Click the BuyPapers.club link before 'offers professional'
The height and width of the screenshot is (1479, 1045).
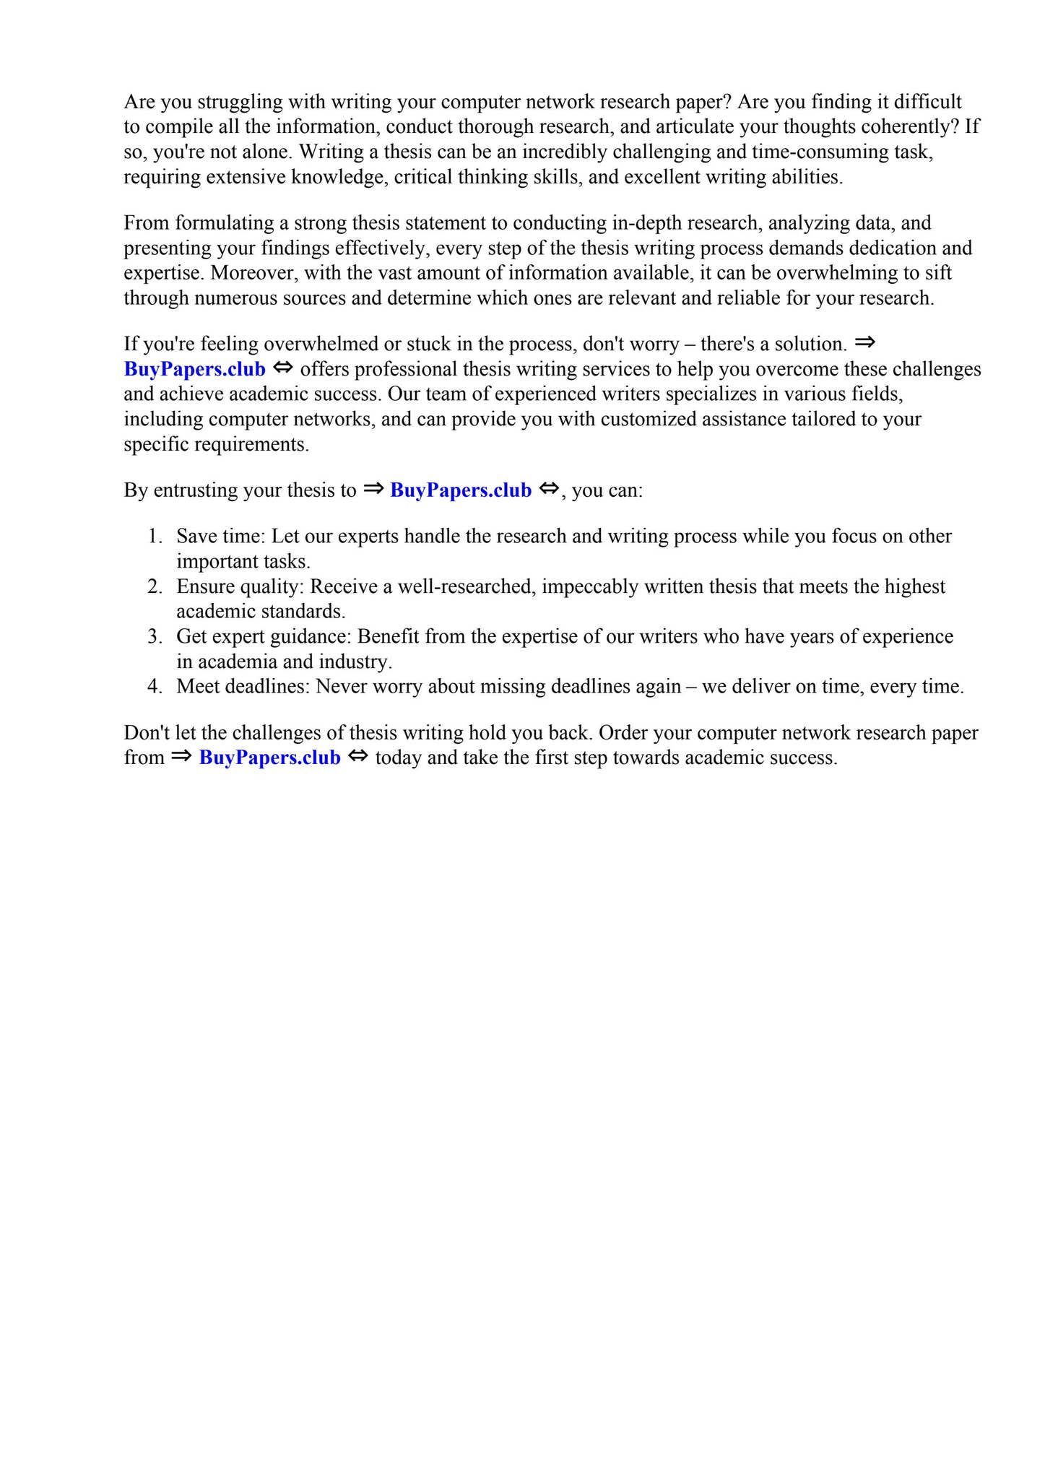(x=195, y=369)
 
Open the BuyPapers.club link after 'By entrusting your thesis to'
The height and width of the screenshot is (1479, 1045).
(x=461, y=490)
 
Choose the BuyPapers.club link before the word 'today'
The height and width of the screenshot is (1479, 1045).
(x=269, y=758)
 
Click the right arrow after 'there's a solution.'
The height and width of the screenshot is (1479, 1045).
(x=864, y=342)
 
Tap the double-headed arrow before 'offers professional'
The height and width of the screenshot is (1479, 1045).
(x=283, y=368)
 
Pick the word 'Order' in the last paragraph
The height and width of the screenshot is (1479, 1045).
(x=625, y=733)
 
